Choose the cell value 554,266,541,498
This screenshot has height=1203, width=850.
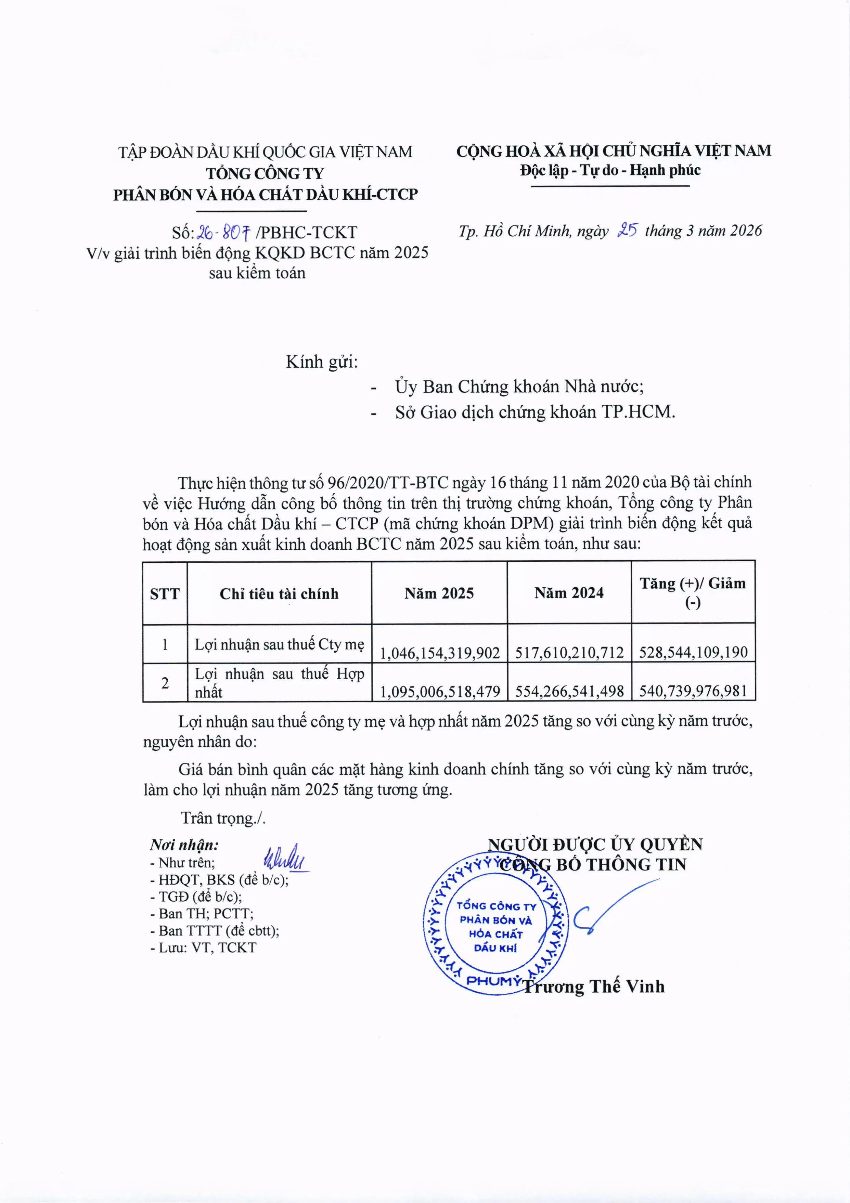click(x=569, y=692)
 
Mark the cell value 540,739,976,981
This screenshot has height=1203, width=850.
click(x=693, y=692)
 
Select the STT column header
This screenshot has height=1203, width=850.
click(x=165, y=594)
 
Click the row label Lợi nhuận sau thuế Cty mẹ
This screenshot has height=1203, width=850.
click(x=279, y=644)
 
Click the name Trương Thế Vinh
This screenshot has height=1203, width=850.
click(x=594, y=986)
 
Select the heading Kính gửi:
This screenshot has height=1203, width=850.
click(x=322, y=362)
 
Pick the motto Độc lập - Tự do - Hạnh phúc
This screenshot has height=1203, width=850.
click(x=610, y=170)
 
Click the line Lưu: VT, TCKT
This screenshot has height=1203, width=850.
click(x=203, y=947)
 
